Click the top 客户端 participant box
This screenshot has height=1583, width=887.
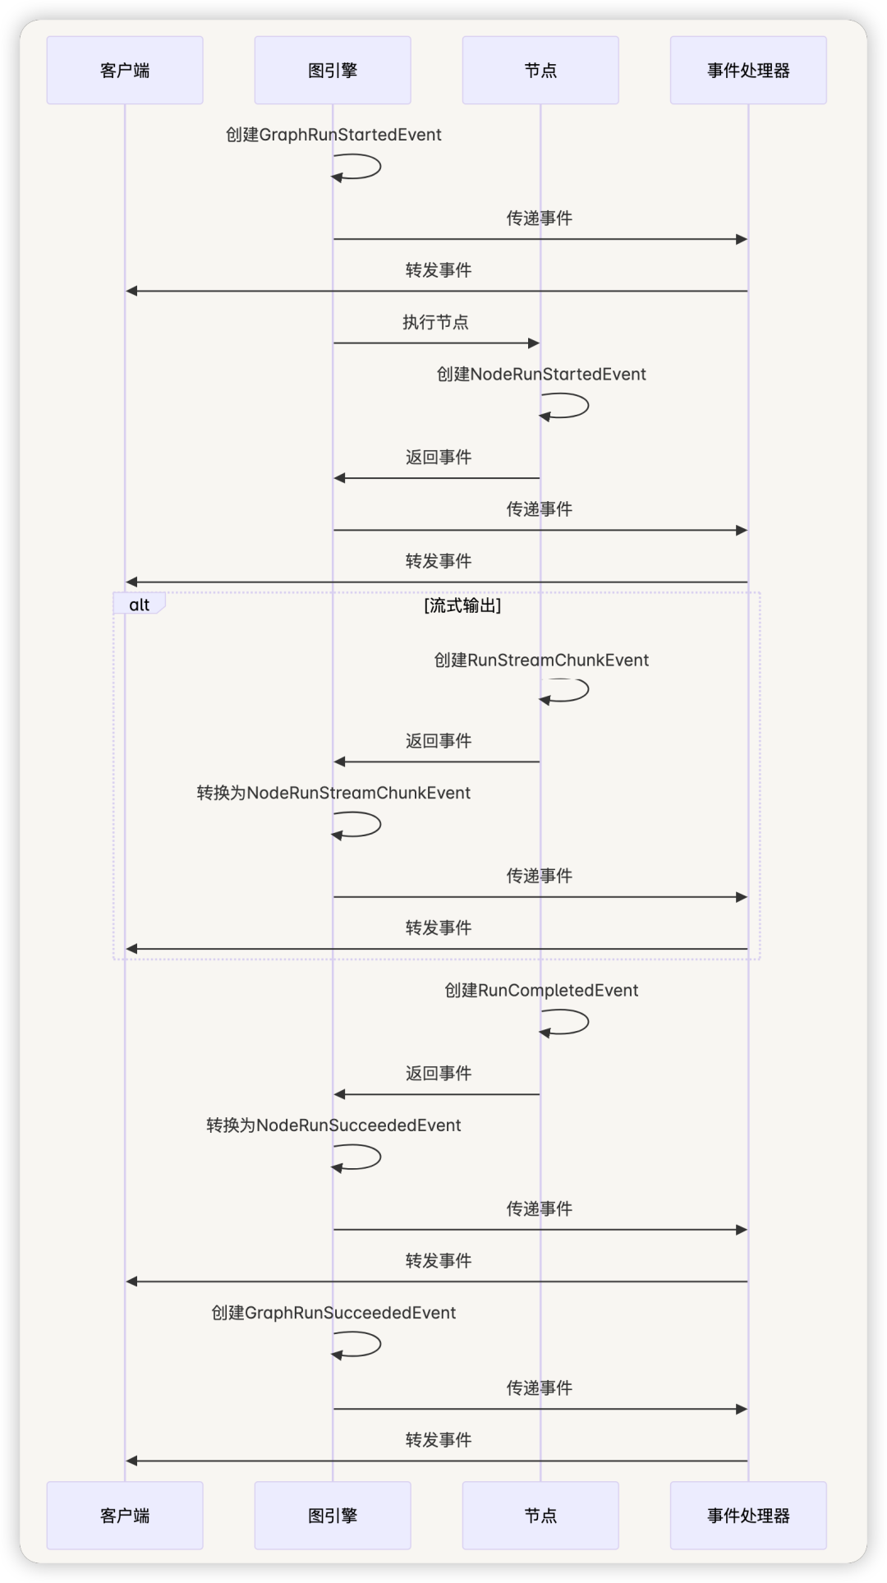pos(125,70)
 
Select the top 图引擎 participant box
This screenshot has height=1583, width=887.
pos(333,70)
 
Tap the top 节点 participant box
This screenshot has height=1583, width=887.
pos(540,70)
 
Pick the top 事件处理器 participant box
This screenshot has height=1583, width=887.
pos(748,70)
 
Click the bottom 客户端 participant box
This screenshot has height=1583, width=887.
pos(125,1516)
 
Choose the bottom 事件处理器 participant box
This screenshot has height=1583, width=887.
pos(748,1516)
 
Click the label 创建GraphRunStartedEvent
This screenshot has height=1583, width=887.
pos(333,135)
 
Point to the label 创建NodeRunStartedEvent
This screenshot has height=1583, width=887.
pos(541,375)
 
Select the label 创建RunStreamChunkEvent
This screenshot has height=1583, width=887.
pos(541,660)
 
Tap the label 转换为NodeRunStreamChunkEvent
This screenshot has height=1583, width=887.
pos(333,793)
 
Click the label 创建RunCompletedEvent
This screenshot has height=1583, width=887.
pos(541,991)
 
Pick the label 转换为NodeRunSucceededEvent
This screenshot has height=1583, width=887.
pos(333,1125)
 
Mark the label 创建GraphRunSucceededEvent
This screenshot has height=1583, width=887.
pos(333,1313)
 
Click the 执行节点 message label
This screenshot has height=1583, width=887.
pos(435,322)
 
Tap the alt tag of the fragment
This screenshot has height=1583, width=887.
pos(140,605)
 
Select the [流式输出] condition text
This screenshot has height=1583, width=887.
pos(462,605)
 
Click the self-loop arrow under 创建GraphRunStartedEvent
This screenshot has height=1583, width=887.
pos(380,167)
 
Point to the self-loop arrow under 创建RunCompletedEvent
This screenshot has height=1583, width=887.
pos(588,1022)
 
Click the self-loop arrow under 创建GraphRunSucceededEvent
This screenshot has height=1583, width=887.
pos(380,1344)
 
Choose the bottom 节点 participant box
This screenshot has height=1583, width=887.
pos(540,1516)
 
